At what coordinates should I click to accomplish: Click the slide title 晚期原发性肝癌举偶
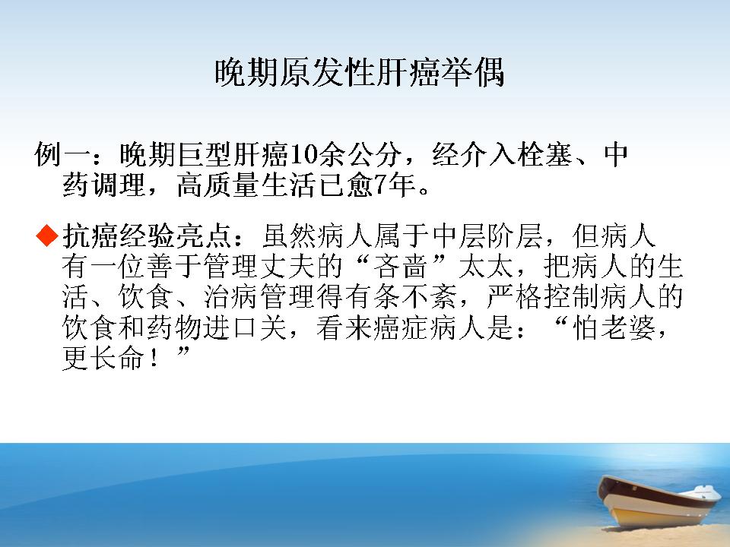360,73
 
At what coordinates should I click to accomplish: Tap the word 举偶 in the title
472,73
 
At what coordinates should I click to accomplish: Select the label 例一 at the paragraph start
62,155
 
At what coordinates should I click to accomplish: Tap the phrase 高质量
219,185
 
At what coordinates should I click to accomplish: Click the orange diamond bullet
47,236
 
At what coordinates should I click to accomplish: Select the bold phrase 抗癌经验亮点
148,236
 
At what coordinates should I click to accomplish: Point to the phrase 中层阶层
487,236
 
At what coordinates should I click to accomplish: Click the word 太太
487,266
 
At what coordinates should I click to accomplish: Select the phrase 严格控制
543,297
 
